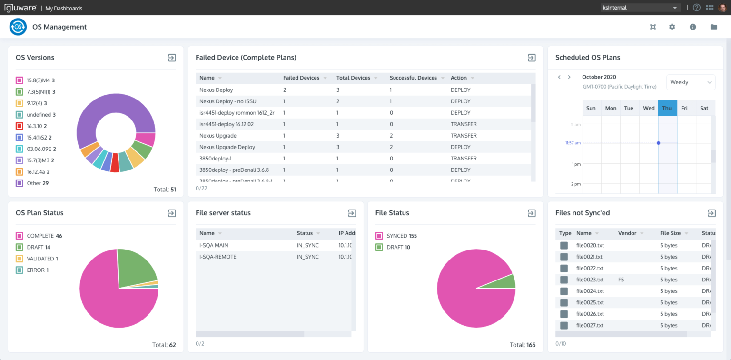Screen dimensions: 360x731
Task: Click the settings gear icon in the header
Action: (x=672, y=27)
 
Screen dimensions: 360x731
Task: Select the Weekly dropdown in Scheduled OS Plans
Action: (x=691, y=82)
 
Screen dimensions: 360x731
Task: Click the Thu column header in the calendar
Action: (x=667, y=108)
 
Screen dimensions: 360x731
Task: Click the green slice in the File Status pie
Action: (x=508, y=282)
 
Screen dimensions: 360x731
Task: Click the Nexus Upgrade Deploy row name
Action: (x=227, y=147)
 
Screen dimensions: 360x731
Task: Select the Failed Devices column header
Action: (x=301, y=78)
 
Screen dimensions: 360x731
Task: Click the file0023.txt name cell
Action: (x=590, y=280)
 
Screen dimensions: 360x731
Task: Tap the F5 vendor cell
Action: (x=621, y=280)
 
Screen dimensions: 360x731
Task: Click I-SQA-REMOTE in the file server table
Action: (x=218, y=257)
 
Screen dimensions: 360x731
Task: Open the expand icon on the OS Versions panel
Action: (x=172, y=58)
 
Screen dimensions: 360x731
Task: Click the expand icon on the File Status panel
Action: (x=532, y=213)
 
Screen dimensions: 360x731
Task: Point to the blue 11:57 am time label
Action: (x=572, y=143)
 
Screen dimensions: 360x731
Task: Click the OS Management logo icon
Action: (x=18, y=27)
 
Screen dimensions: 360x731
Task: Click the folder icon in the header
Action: (x=714, y=27)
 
